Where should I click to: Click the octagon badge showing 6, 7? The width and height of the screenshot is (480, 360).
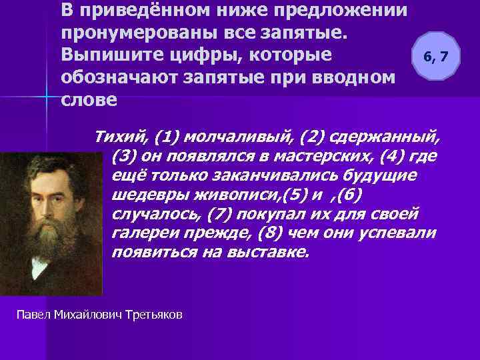[x=436, y=57]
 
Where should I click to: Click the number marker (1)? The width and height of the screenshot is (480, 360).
[x=164, y=139]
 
